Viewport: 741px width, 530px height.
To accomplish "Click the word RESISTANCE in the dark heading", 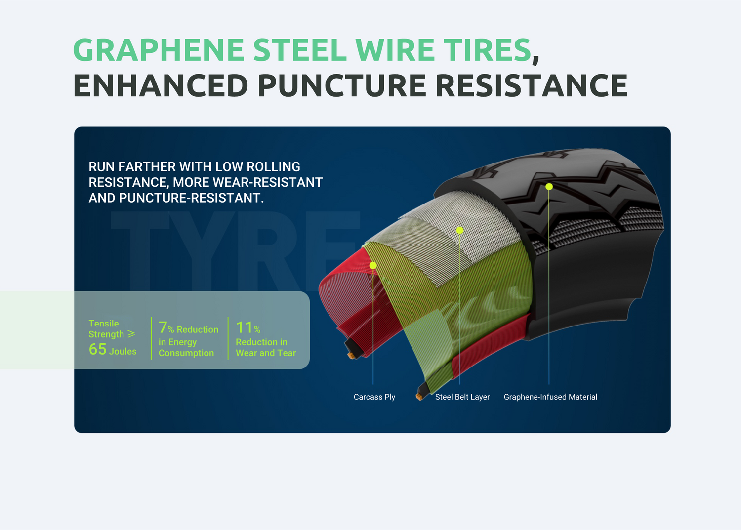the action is tap(532, 85).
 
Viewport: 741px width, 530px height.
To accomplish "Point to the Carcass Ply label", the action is tap(374, 397).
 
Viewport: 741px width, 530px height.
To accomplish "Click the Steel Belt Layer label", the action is tap(462, 397).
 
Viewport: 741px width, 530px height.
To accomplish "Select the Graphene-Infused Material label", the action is tap(550, 397).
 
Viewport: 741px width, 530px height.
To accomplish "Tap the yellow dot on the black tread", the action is tap(549, 187).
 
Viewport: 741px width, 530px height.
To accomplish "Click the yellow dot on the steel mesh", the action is tap(460, 230).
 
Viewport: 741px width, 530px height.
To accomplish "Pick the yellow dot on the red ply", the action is tap(373, 265).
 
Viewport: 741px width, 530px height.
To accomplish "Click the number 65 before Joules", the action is tap(98, 349).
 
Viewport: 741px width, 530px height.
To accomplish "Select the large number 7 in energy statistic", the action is tap(163, 327).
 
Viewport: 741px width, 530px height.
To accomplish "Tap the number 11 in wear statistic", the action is tap(244, 327).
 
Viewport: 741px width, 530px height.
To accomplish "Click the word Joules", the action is tap(123, 351).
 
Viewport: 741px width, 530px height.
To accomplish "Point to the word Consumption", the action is tap(186, 353).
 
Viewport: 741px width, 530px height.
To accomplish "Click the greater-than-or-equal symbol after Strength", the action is tap(131, 334).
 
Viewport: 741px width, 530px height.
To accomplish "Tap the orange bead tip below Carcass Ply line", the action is tap(351, 356).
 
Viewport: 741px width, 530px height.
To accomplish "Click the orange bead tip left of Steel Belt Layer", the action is tap(419, 396).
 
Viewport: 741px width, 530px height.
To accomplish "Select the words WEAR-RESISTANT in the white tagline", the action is tap(268, 182).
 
